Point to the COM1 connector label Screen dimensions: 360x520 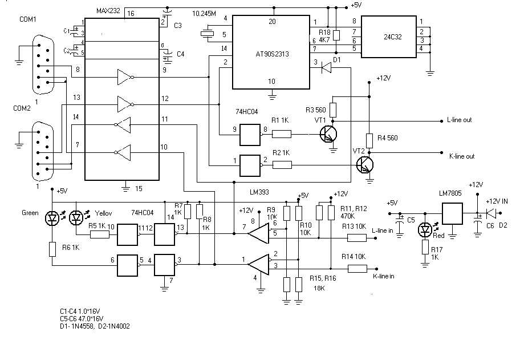coord(28,19)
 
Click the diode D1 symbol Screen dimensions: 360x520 coord(326,68)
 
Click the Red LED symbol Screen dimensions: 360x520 coord(425,229)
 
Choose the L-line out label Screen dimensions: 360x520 coord(460,120)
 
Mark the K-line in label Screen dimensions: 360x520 coord(383,276)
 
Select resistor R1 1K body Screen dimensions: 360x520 coord(282,135)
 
